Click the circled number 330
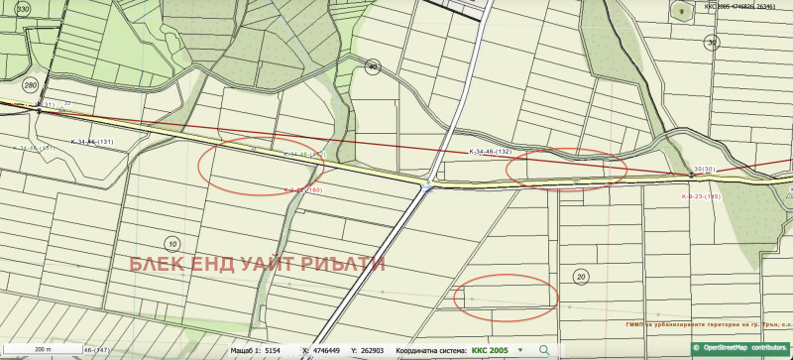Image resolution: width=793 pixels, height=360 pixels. point(23,8)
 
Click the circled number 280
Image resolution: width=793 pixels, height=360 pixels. point(30,84)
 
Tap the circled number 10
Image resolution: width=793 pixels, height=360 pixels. point(171,243)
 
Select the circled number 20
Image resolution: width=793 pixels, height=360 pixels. point(580,277)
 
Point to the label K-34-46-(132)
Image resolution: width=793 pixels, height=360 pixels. point(490,152)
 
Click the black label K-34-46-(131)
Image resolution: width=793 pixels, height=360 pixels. point(92,142)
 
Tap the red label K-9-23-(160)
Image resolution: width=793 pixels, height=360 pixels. point(303,189)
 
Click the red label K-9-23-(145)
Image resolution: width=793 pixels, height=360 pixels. point(701,196)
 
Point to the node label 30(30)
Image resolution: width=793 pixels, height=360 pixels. point(705,170)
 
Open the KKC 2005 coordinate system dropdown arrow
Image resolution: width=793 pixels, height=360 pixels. point(519,350)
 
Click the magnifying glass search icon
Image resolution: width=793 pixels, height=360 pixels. point(543,350)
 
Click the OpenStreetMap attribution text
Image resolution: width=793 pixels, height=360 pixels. point(742,349)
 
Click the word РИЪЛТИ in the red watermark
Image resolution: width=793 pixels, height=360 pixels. point(346,265)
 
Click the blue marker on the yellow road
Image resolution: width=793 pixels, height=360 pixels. point(426,187)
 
